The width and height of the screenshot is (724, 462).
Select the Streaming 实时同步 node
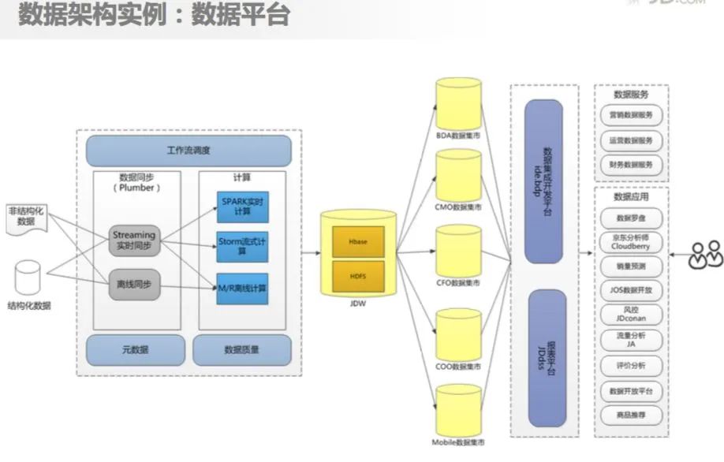[x=134, y=240]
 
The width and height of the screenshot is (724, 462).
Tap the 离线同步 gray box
[x=134, y=284]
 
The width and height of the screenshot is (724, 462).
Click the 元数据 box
[x=135, y=349]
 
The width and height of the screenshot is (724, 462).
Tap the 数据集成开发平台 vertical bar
[x=543, y=181]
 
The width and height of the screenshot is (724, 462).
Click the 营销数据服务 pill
[x=631, y=115]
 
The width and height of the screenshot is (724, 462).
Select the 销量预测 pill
[x=631, y=266]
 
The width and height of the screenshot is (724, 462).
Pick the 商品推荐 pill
[x=631, y=413]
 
